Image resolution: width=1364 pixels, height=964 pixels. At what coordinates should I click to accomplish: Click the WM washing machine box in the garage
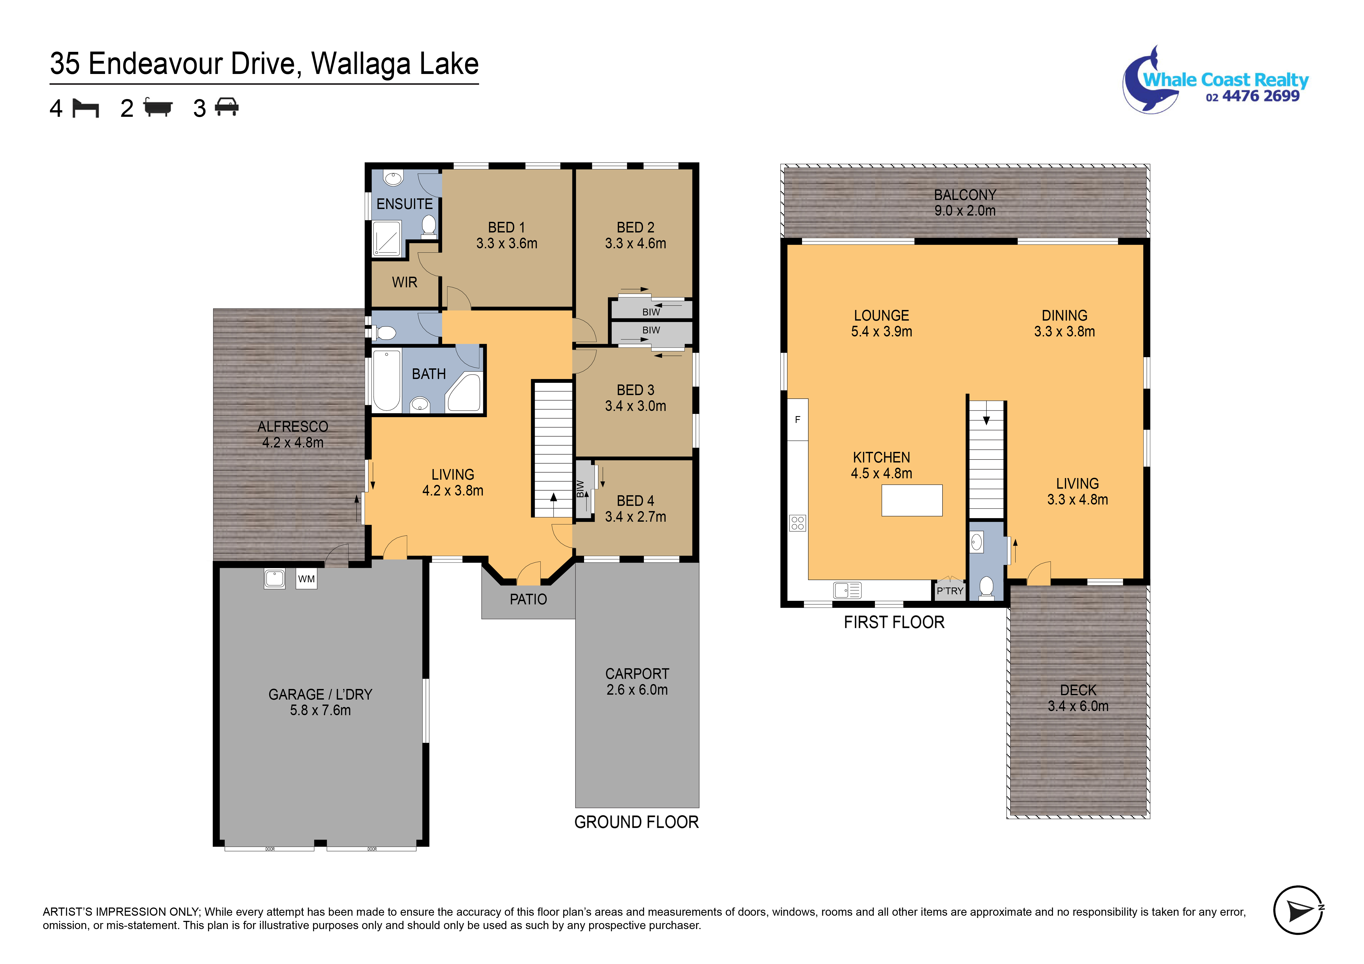click(x=307, y=579)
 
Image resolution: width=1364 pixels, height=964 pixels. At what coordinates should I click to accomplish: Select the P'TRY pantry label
click(x=949, y=591)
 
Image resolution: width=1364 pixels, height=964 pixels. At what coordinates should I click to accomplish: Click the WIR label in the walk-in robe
click(x=405, y=282)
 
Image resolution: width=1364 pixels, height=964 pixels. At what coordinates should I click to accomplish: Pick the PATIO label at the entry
click(x=528, y=599)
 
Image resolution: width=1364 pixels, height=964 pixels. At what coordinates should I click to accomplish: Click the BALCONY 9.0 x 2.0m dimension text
click(x=965, y=210)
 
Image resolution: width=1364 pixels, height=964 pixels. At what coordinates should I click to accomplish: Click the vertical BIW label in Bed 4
click(x=581, y=488)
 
